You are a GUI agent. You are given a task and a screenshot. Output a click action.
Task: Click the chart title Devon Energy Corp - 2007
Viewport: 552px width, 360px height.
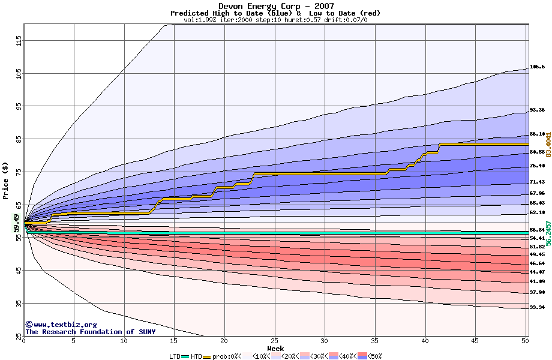coord(276,7)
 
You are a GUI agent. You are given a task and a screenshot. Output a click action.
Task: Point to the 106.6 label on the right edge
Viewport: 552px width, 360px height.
coord(537,67)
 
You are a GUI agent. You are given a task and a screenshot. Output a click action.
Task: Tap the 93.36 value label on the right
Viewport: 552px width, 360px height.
coord(537,110)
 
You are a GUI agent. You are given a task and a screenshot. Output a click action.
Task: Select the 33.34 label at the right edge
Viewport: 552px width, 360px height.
coord(537,307)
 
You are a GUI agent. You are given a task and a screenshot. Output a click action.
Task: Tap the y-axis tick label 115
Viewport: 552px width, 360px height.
coord(19,41)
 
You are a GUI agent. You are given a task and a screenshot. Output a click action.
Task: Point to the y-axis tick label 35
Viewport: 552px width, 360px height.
coord(19,304)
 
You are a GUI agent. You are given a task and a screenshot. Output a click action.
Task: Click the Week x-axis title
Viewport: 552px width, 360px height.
coord(275,348)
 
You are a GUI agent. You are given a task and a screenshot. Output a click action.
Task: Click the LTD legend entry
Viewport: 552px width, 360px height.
coord(175,356)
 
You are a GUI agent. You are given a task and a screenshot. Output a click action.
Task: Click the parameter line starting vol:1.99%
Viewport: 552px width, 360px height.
coord(275,20)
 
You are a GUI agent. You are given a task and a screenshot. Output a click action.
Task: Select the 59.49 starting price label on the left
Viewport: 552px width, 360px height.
coord(17,223)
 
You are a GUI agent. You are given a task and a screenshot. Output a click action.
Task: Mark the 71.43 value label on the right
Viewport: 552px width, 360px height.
coord(537,182)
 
